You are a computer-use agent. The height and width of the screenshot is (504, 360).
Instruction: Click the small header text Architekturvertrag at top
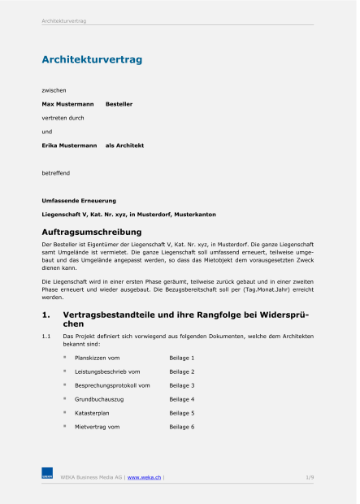point(63,20)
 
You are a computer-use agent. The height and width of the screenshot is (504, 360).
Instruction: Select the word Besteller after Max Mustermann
point(119,104)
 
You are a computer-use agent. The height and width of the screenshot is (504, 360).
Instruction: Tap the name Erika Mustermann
point(69,146)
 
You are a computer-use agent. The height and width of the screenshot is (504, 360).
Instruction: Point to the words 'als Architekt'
point(124,146)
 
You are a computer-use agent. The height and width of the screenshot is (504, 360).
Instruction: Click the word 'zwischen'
point(54,89)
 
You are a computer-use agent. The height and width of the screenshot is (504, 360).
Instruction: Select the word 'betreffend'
point(56,173)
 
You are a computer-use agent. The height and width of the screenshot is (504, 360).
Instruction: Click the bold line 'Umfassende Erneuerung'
point(79,200)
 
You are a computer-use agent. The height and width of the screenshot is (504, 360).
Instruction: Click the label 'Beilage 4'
point(181,399)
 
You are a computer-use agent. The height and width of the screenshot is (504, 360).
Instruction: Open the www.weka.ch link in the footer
point(144,476)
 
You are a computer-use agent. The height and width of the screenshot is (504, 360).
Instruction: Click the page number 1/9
point(310,476)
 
